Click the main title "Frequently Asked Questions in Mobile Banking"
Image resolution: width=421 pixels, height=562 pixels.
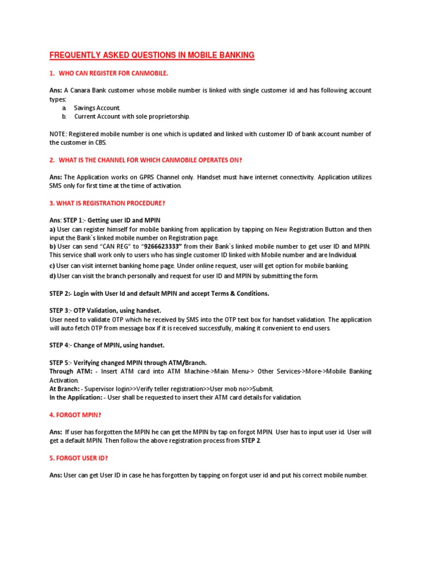(x=152, y=55)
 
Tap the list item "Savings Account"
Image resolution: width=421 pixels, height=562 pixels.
(x=97, y=108)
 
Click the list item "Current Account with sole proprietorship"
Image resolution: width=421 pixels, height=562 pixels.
(x=132, y=116)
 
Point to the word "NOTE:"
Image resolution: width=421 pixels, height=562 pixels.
(x=58, y=134)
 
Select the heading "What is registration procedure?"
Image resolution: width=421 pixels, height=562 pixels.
(x=107, y=203)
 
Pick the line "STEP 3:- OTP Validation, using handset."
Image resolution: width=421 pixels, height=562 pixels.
(x=105, y=311)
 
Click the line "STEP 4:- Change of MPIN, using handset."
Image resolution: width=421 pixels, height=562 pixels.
(x=106, y=345)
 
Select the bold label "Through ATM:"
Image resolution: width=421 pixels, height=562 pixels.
(x=70, y=372)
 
